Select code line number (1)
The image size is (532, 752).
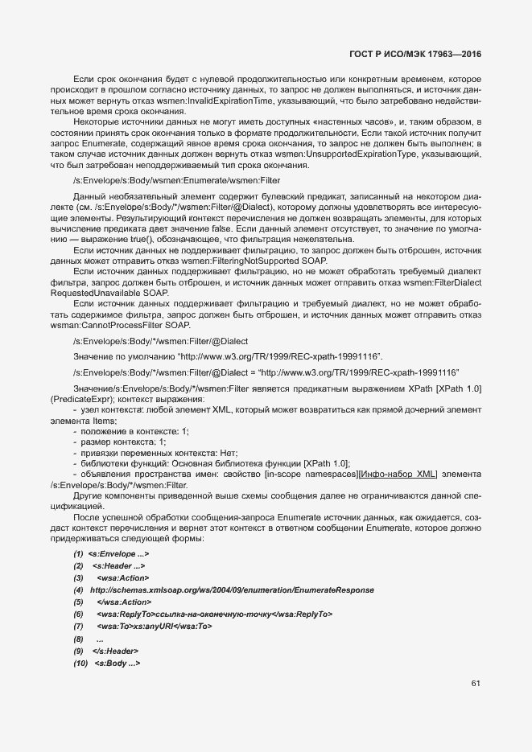78,554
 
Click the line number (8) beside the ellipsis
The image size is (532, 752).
78,638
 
